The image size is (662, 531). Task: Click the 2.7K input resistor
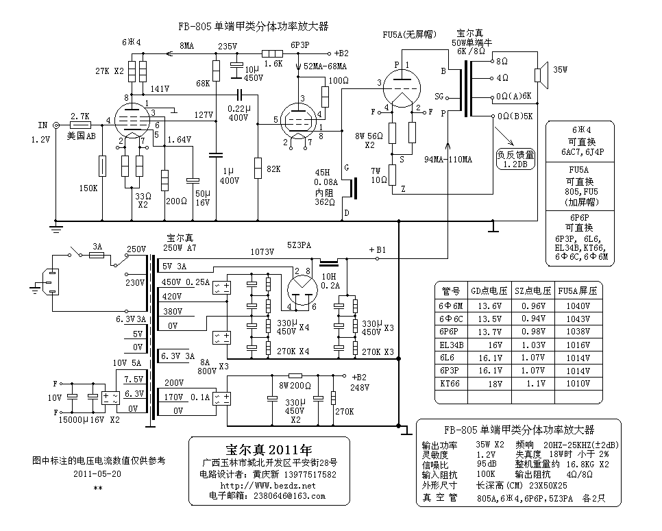(80, 125)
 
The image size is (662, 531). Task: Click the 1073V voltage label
(262, 251)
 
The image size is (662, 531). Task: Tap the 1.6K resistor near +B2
(273, 53)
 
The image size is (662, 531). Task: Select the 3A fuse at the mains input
(97, 255)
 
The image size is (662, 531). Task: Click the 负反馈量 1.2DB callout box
(515, 159)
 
